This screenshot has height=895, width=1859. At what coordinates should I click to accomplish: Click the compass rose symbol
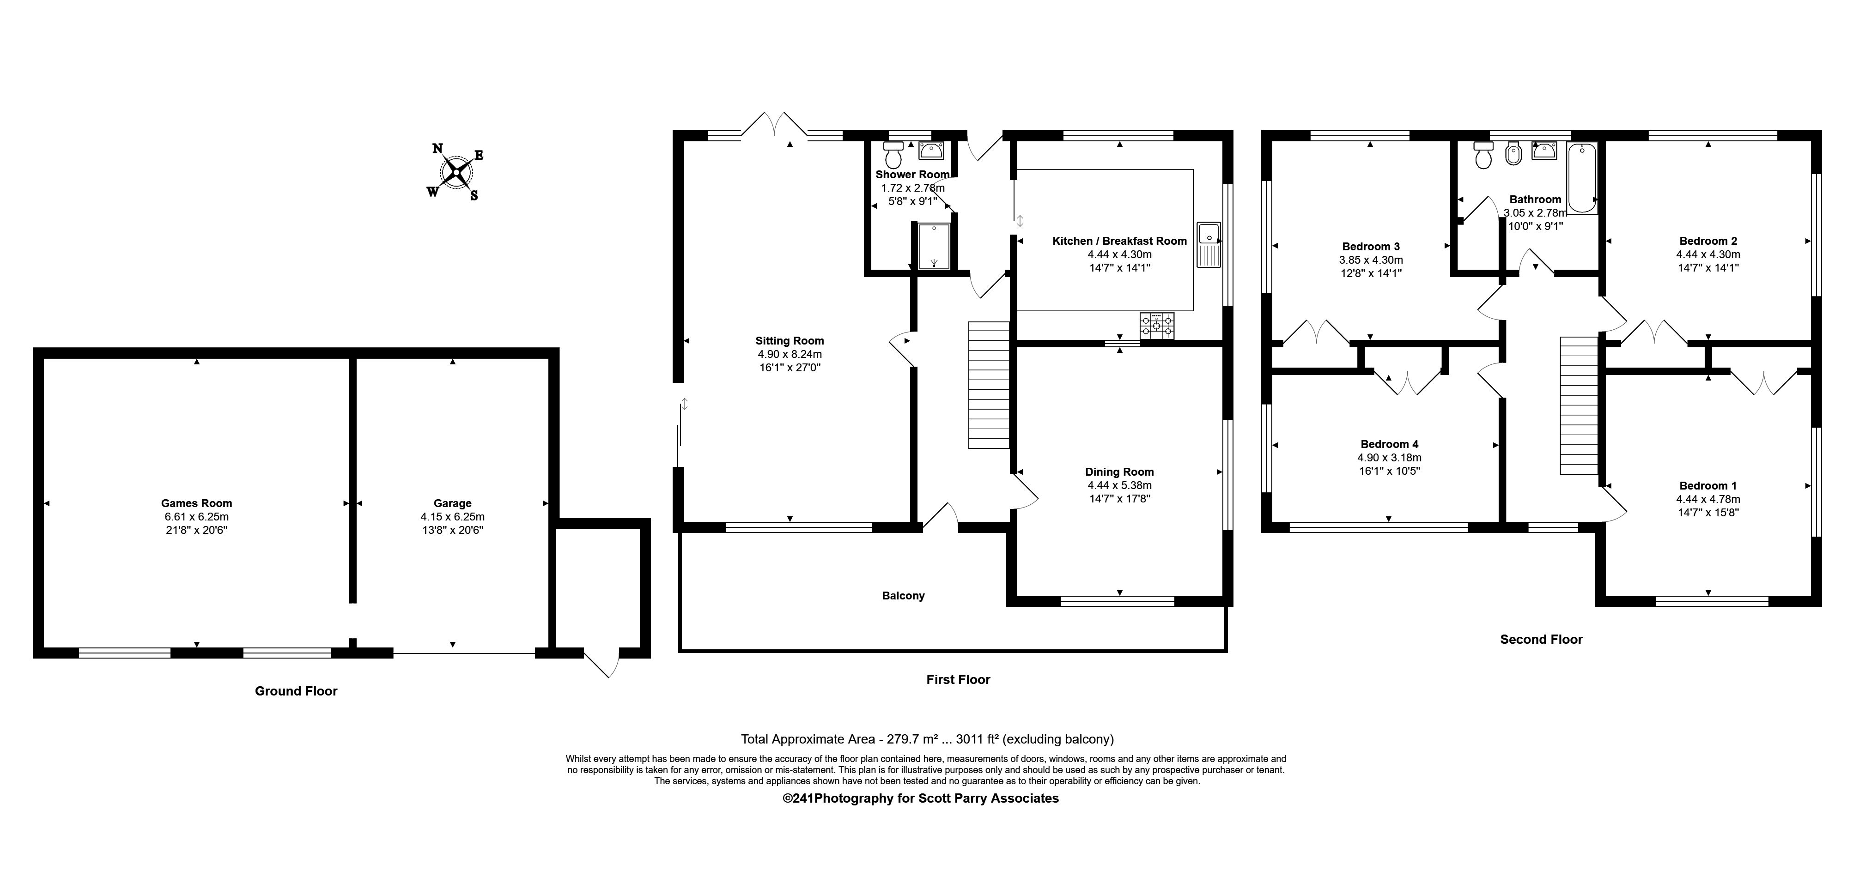[x=456, y=172]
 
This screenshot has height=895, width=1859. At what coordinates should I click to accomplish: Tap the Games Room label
[x=196, y=503]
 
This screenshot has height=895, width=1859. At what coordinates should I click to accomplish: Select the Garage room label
[x=452, y=503]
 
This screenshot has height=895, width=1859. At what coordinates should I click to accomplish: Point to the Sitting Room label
[x=790, y=341]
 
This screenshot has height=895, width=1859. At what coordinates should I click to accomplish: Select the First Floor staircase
[x=989, y=385]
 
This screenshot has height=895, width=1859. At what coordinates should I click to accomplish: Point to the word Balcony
[x=903, y=596]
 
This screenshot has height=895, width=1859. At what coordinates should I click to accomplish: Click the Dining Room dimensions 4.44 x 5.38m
[x=1120, y=485]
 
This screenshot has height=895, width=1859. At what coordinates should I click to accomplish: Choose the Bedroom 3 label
[x=1370, y=247]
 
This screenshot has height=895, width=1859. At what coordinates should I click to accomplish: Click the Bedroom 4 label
[x=1389, y=444]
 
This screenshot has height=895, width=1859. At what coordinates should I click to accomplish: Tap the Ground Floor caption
[x=296, y=691]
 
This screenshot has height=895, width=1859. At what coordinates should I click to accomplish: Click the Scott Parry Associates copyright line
[x=921, y=798]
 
